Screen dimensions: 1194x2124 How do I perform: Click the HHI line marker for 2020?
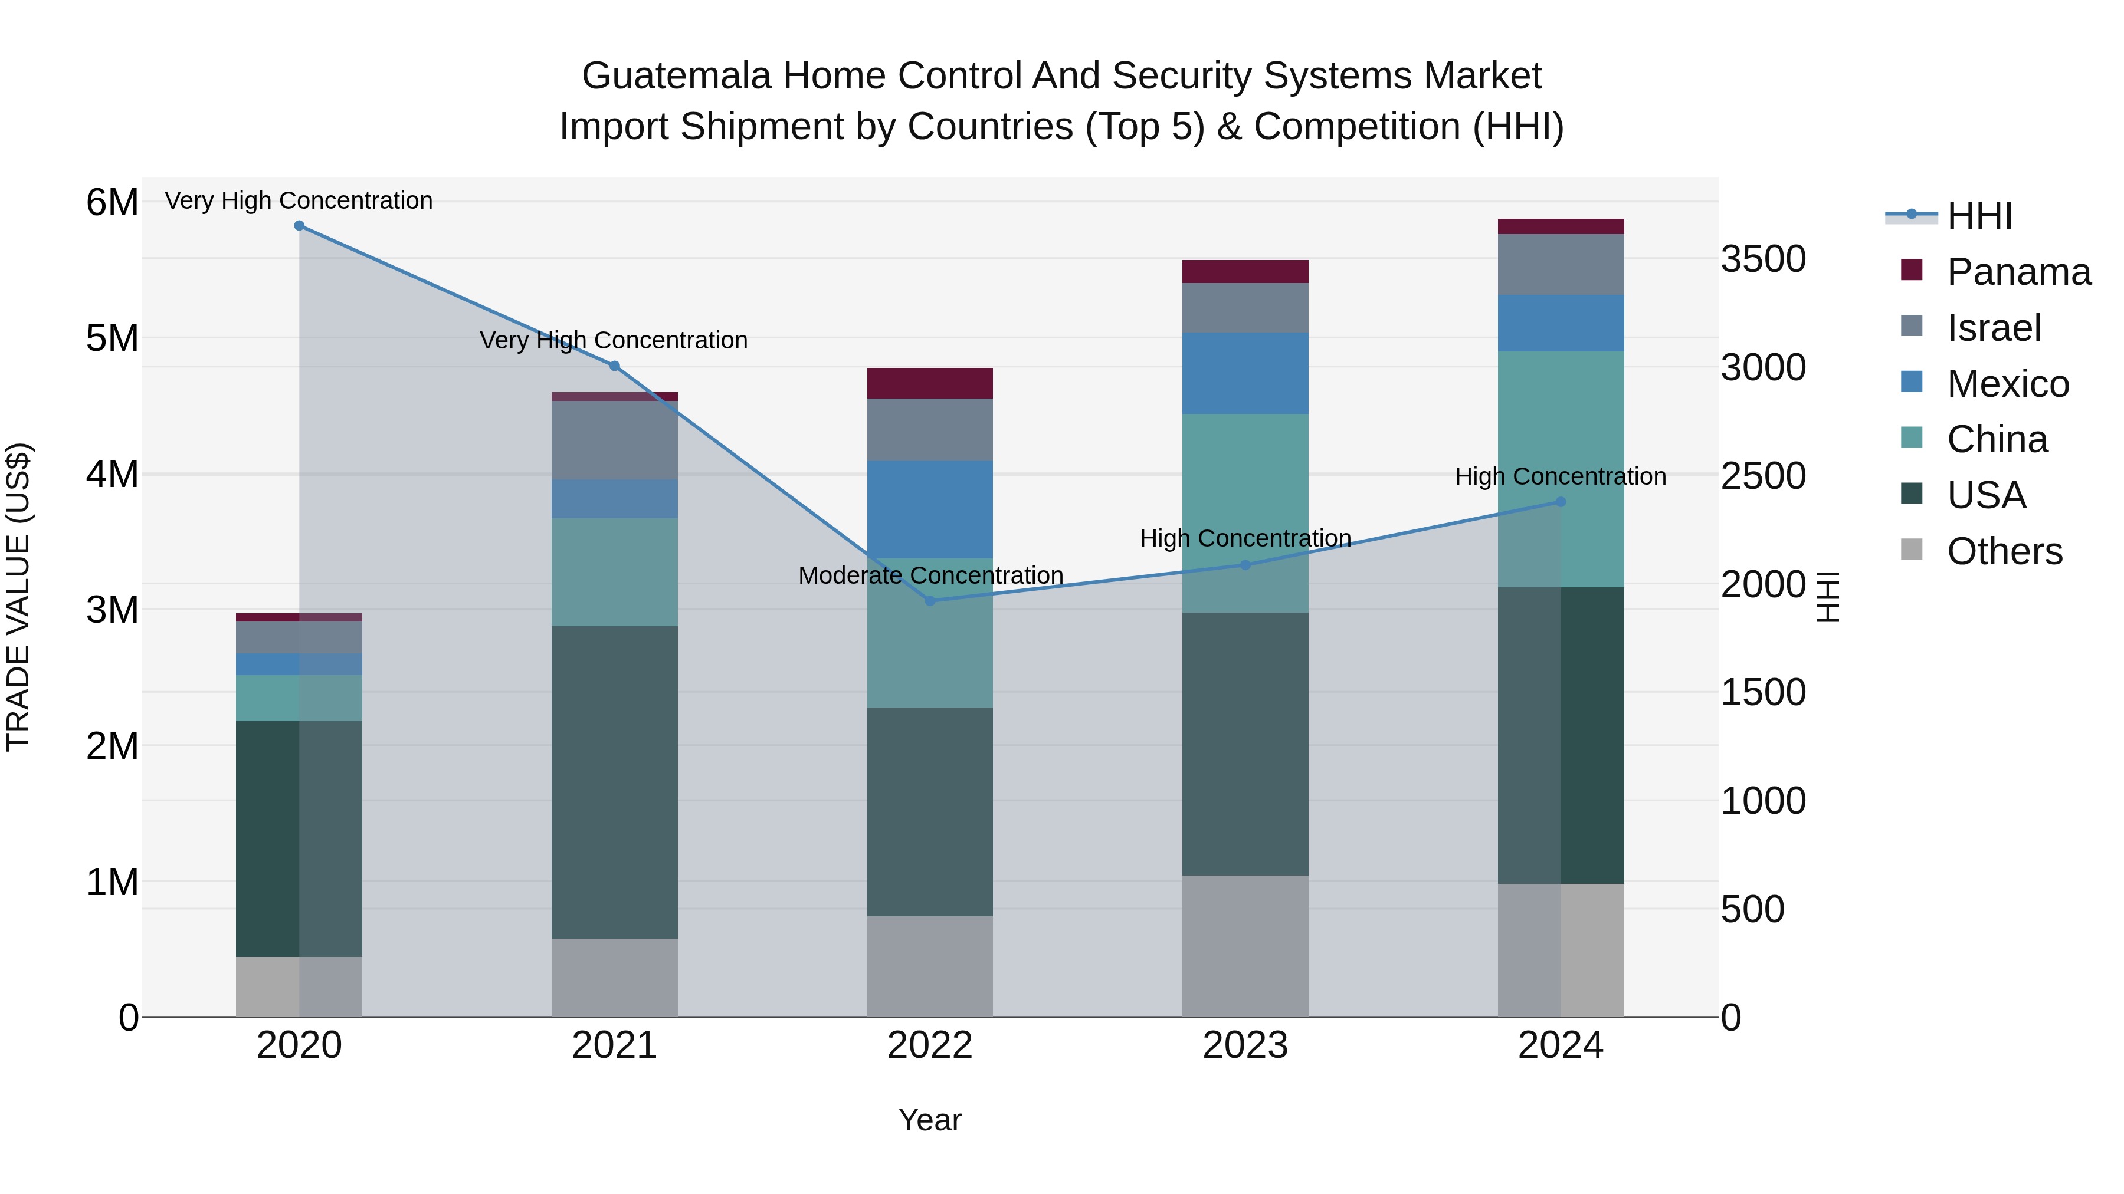click(x=299, y=226)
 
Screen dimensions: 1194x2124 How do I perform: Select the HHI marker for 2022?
click(x=930, y=601)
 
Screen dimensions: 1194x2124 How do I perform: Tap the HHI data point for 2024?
click(x=1560, y=502)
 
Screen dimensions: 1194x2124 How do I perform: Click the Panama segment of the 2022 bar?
click(x=930, y=383)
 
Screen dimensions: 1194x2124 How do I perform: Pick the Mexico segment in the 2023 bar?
click(x=1245, y=373)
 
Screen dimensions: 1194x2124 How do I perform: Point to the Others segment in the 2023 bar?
click(x=1245, y=945)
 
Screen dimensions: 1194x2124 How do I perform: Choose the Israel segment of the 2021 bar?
click(x=614, y=440)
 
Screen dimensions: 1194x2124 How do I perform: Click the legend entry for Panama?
click(x=2018, y=272)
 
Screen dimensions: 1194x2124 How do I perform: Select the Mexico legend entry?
click(x=2008, y=384)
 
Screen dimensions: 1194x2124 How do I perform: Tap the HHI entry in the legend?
click(x=1979, y=216)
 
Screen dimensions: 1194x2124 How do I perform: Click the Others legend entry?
click(x=2004, y=551)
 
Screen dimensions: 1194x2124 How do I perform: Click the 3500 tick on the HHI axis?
click(x=1763, y=259)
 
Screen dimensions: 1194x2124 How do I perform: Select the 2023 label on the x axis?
click(x=1245, y=1045)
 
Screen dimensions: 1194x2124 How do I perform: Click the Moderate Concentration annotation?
click(x=930, y=575)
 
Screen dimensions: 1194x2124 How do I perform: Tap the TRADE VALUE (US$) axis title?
click(x=18, y=597)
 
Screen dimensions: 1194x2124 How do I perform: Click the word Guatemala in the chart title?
click(x=676, y=76)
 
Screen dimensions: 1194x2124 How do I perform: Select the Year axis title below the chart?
click(x=929, y=1120)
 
